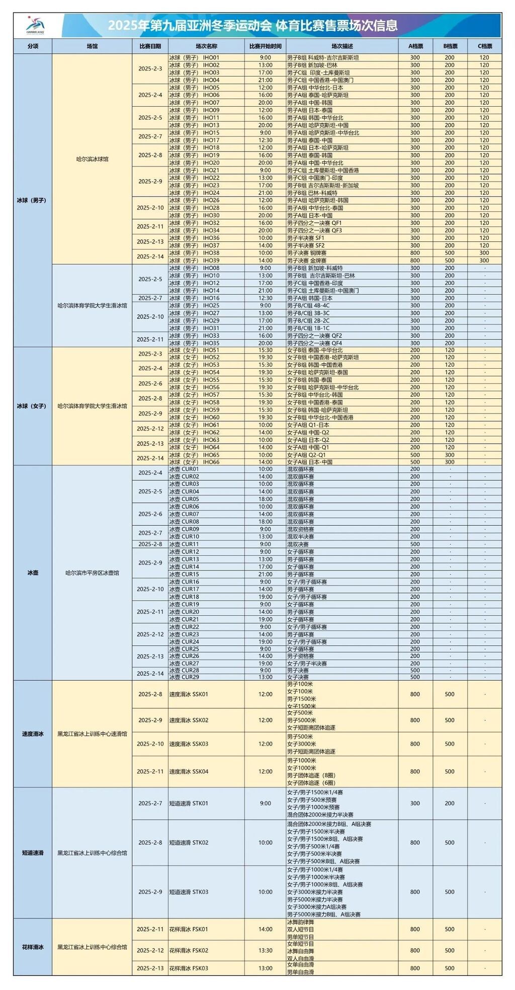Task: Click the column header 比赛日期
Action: click(150, 46)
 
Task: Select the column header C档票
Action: click(484, 46)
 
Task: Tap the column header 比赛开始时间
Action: click(266, 46)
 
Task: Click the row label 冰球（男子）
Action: click(33, 200)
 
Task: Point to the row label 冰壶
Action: click(33, 572)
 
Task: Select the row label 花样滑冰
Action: click(33, 947)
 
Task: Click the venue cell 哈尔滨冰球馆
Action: click(92, 159)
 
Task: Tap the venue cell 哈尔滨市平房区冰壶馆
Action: click(92, 572)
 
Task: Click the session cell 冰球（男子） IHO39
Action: click(194, 261)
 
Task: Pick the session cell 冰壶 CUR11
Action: click(184, 544)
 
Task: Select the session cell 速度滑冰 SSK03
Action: click(189, 744)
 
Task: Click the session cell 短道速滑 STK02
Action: click(189, 843)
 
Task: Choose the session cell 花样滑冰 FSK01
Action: click(189, 929)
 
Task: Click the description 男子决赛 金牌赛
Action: click(307, 261)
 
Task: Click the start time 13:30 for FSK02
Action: click(266, 950)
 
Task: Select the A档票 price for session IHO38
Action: click(415, 253)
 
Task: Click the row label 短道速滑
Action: click(33, 853)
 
